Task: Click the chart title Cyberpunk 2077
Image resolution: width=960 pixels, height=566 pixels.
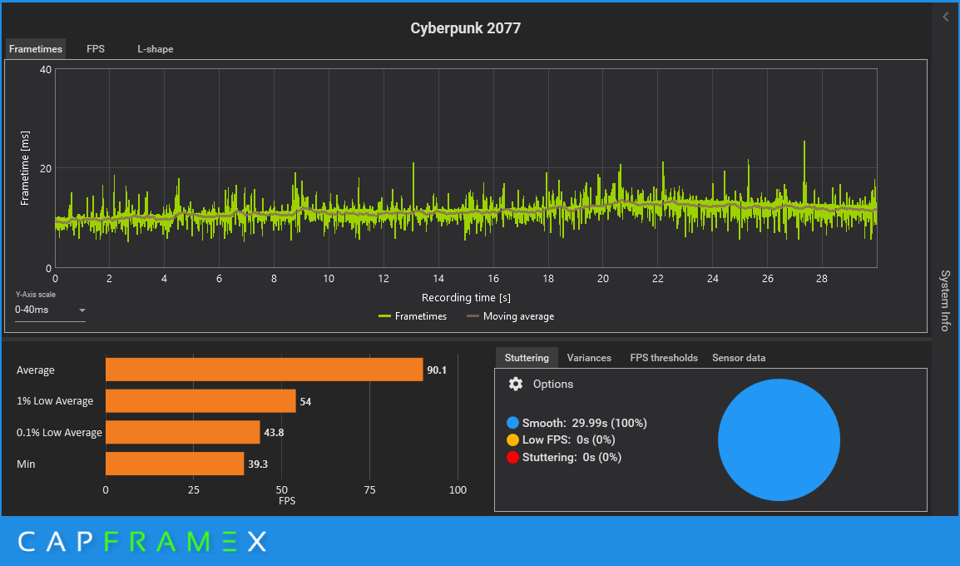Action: point(465,28)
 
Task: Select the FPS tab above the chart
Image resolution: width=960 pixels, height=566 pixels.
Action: point(96,49)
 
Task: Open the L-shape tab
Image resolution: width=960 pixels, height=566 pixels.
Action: point(156,49)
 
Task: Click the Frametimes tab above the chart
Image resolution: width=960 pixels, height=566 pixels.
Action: point(36,49)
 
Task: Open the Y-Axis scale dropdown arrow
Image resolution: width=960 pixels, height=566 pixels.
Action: point(82,310)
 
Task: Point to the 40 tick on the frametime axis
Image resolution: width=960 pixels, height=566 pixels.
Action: point(46,70)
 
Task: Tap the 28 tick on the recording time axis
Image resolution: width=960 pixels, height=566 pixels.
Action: point(822,278)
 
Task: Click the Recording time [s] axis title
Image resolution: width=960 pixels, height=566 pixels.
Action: point(466,297)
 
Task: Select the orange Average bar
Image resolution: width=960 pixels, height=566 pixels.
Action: point(264,370)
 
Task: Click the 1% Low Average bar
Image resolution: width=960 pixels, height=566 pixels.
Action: point(200,401)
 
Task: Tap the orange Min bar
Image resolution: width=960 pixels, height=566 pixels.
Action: point(175,464)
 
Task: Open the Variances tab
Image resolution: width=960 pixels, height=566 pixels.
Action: point(589,358)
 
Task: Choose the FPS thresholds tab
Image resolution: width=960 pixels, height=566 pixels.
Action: point(664,358)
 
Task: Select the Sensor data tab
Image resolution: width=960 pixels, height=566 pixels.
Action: point(739,358)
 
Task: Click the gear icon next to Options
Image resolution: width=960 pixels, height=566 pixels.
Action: point(516,384)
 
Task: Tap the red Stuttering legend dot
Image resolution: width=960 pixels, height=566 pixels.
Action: point(512,457)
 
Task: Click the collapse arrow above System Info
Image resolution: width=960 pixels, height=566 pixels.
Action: point(945,17)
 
